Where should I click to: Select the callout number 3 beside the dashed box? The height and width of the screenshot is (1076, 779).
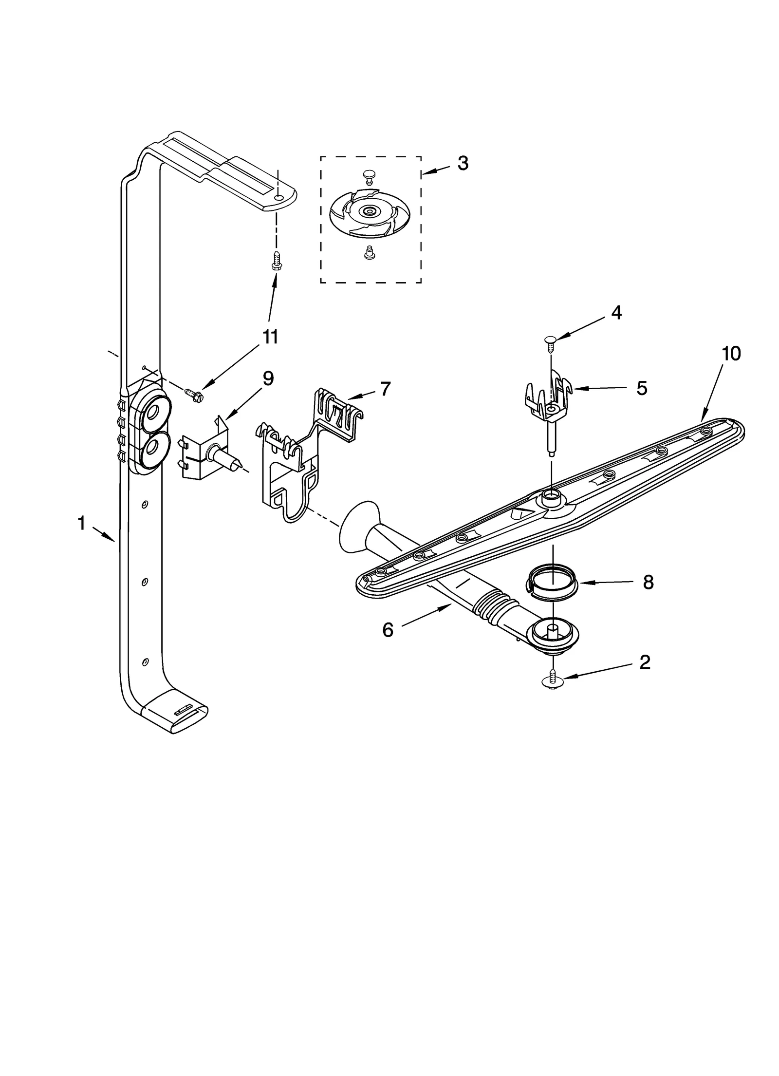[x=463, y=163]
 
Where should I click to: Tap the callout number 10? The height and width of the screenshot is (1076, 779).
[x=731, y=353]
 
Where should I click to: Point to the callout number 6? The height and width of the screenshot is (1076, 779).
[x=388, y=630]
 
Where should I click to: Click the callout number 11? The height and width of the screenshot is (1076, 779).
[x=270, y=336]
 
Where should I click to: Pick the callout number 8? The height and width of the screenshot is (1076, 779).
[x=648, y=582]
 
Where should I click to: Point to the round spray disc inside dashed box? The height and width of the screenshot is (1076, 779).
[x=370, y=212]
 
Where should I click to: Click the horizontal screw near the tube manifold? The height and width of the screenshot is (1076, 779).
[x=194, y=393]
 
